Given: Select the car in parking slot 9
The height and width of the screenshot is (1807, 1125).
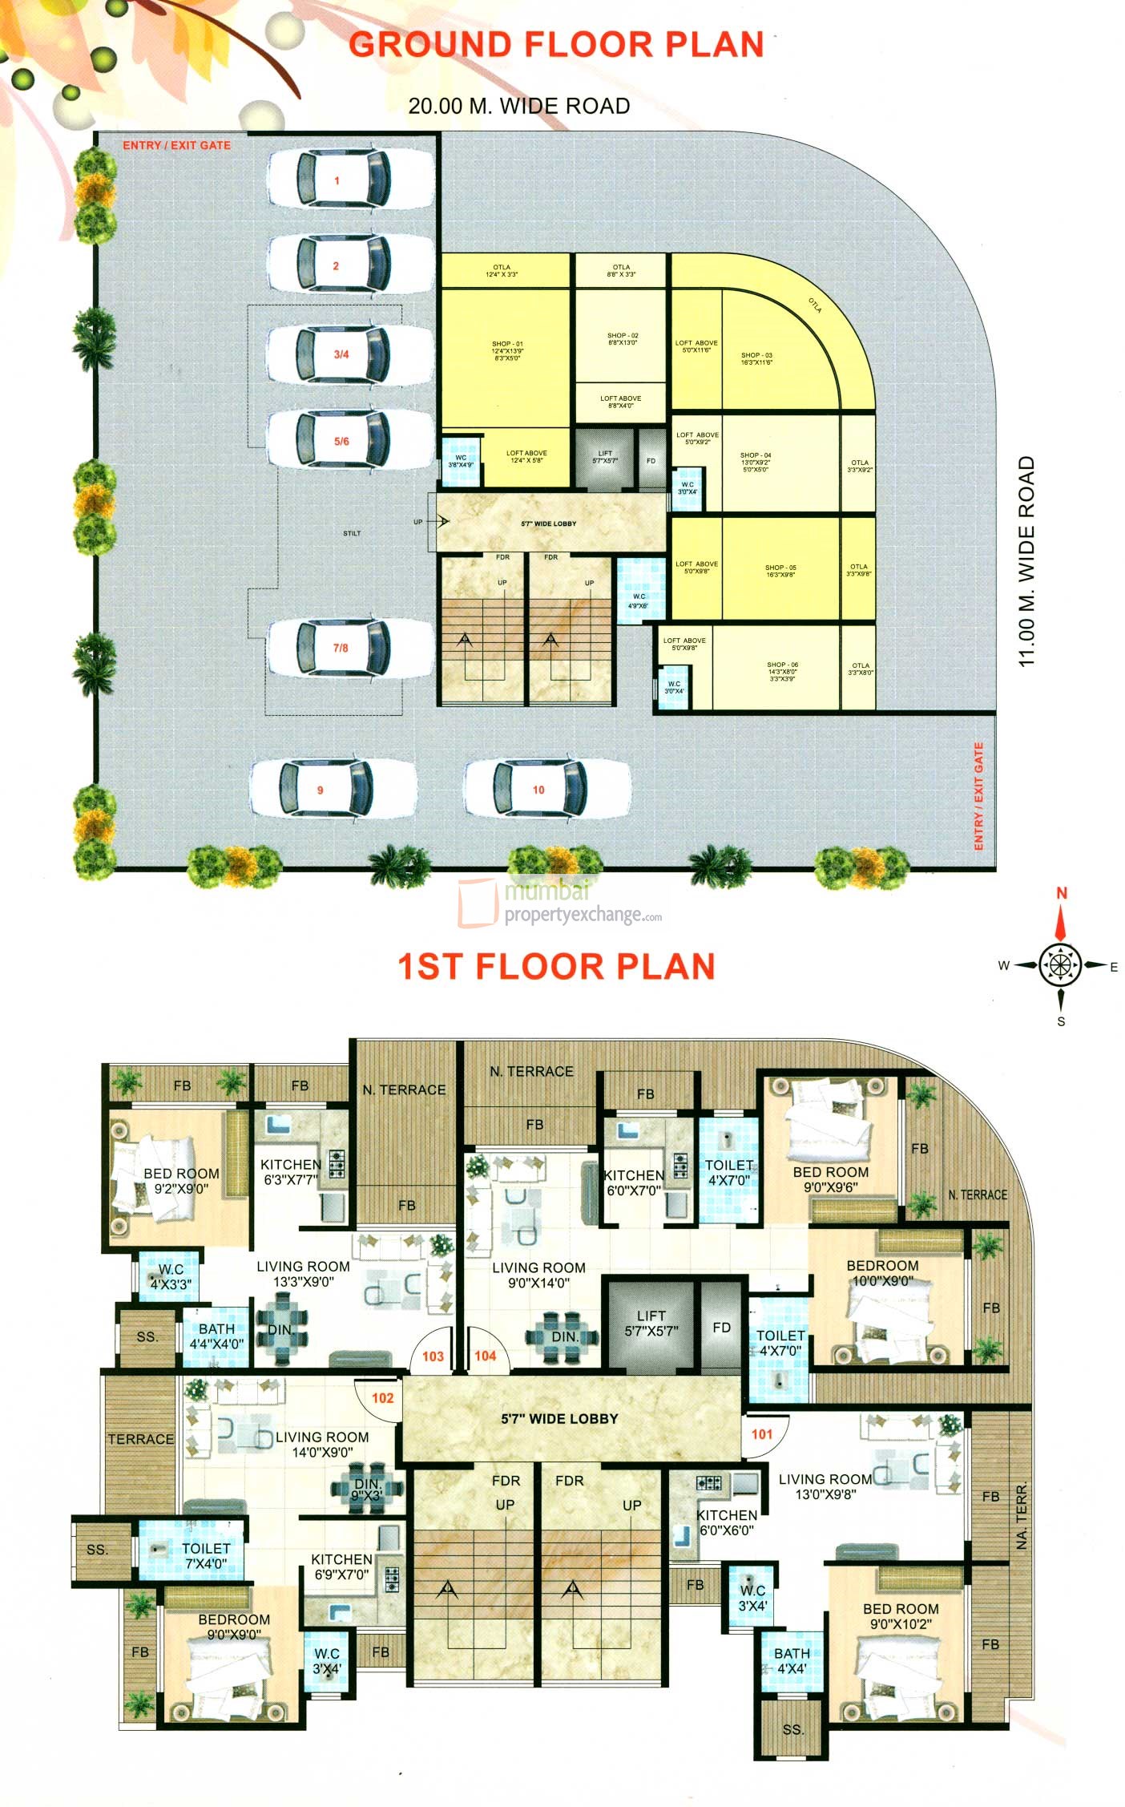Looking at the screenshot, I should point(332,790).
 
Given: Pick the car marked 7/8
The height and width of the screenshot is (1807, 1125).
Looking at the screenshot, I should point(342,649).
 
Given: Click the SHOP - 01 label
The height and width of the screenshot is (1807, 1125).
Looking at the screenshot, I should point(507,344).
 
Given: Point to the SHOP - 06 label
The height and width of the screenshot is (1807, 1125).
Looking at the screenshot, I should point(782,665).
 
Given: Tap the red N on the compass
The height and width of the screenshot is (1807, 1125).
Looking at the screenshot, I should point(1062,893).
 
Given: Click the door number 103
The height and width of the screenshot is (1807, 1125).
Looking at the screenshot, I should point(433,1356).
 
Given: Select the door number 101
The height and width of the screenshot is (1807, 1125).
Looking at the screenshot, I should point(762,1434).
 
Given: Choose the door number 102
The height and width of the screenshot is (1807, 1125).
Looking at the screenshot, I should point(382,1398).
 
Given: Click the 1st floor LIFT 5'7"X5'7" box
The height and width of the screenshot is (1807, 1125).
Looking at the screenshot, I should point(651,1323).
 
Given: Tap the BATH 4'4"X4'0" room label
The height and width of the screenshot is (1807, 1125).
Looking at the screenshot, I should point(216,1336).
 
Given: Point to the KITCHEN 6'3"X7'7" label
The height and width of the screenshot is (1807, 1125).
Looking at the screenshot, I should point(290,1172).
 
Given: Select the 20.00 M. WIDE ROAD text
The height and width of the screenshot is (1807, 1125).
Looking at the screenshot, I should point(518,106).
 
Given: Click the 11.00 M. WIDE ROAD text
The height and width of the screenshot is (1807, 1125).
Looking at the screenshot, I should point(1026,561).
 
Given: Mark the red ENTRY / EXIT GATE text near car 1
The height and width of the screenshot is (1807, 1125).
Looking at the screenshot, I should point(176,145).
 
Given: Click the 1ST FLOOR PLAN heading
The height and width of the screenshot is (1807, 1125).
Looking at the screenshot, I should point(556,967).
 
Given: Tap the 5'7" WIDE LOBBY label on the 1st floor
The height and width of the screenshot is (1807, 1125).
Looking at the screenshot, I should point(559,1419).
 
